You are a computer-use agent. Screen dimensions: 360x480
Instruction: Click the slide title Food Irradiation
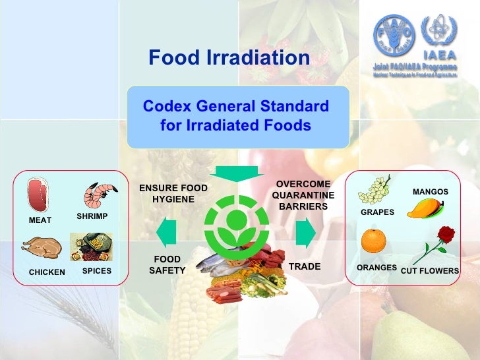click(229, 58)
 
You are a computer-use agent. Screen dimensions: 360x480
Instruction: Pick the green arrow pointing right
click(305, 232)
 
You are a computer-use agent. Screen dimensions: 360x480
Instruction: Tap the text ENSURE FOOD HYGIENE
click(173, 193)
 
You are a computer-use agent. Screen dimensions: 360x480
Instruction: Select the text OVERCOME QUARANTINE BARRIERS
click(303, 195)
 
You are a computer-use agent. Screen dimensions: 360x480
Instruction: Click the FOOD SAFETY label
click(167, 265)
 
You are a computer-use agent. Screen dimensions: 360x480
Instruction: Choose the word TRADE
click(305, 266)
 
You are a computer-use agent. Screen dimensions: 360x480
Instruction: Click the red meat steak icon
click(39, 195)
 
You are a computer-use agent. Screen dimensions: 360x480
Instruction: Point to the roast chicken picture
click(42, 249)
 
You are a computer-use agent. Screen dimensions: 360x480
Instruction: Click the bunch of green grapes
click(374, 189)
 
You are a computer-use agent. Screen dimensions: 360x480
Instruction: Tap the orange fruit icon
click(373, 241)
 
